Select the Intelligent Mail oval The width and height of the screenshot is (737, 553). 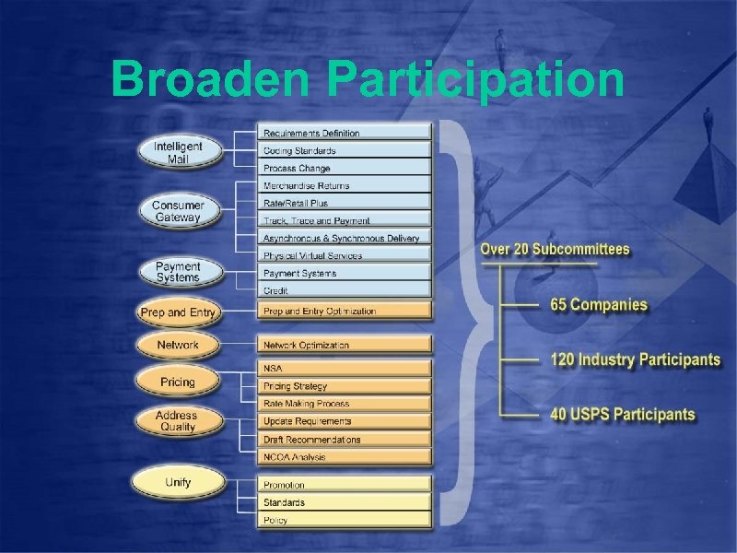coord(178,153)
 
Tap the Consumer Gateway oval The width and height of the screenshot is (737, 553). coord(178,212)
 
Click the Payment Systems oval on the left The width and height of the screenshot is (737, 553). coord(178,272)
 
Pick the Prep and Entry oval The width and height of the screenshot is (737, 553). coord(178,312)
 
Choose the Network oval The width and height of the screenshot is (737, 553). coord(178,345)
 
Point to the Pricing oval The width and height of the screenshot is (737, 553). coord(178,382)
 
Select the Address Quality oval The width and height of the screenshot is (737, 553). coord(178,421)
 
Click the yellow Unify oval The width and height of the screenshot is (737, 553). coord(178,482)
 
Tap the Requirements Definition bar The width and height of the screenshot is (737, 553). coord(344,133)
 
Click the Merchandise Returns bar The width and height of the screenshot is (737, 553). coord(344,185)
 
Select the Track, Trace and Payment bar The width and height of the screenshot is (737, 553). coord(344,220)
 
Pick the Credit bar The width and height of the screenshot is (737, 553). coord(344,290)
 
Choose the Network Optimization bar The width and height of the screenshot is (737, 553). coord(344,345)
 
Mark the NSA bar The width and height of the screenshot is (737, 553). coord(344,368)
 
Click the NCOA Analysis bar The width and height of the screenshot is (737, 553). coord(344,457)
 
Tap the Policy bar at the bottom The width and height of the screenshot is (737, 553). coord(344,520)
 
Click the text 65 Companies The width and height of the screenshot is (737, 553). coord(598,305)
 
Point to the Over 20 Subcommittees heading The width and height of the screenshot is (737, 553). coord(555,250)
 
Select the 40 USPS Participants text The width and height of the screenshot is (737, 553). coord(622,415)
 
